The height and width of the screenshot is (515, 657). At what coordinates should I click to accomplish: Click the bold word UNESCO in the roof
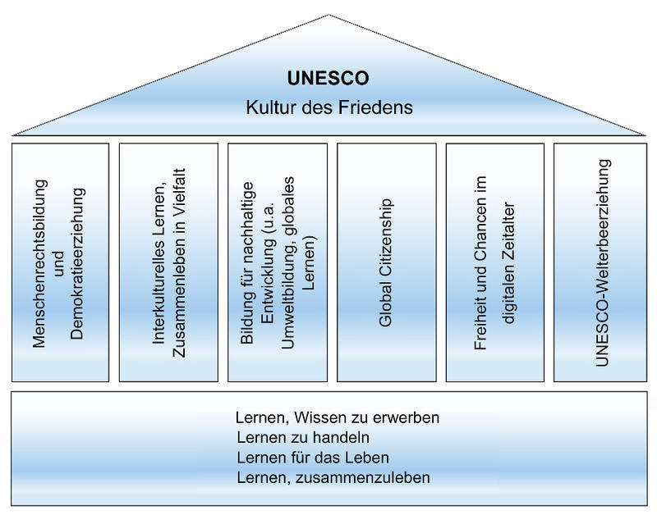click(x=328, y=79)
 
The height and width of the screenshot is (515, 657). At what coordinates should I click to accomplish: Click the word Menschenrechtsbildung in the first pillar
click(x=40, y=262)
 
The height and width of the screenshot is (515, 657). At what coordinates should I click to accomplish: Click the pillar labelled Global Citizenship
click(x=386, y=262)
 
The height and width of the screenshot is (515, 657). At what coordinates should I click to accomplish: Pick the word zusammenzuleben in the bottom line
click(x=364, y=476)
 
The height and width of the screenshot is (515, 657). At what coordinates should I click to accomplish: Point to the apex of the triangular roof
click(x=328, y=16)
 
